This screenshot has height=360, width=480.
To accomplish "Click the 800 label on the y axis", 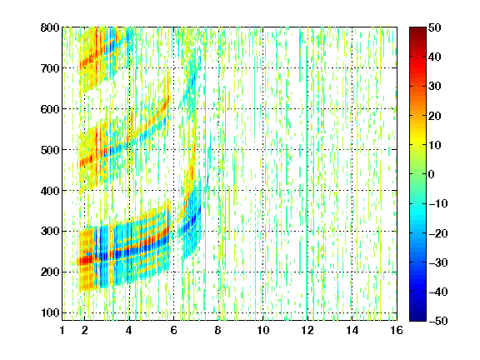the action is [50, 27].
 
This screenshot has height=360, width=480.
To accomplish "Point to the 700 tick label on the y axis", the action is [50, 68].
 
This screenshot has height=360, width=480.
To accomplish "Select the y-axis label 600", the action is [50, 109].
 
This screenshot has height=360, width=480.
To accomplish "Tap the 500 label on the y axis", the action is [50, 150].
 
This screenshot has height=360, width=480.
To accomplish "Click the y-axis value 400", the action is [50, 191].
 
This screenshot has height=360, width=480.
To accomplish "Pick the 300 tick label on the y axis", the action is [50, 232].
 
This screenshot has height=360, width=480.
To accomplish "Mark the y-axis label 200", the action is [50, 272].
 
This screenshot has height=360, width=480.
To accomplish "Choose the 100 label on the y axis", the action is [50, 312].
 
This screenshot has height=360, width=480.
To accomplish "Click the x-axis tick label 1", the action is [62, 330].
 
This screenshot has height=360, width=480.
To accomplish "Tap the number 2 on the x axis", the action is [85, 330].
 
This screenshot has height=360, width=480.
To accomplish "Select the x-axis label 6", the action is [174, 330].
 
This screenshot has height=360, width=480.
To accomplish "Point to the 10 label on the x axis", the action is [263, 330].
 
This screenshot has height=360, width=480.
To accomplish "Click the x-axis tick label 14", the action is [352, 330].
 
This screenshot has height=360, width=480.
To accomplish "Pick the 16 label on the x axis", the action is [397, 330].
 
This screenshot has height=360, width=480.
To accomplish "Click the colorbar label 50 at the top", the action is [434, 27].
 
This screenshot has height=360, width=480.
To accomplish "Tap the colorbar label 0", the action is [432, 174].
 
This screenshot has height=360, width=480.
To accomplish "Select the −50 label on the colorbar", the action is [438, 321].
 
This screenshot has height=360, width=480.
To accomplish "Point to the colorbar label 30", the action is [434, 87].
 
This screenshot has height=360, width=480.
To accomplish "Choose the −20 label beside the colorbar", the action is [438, 233].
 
